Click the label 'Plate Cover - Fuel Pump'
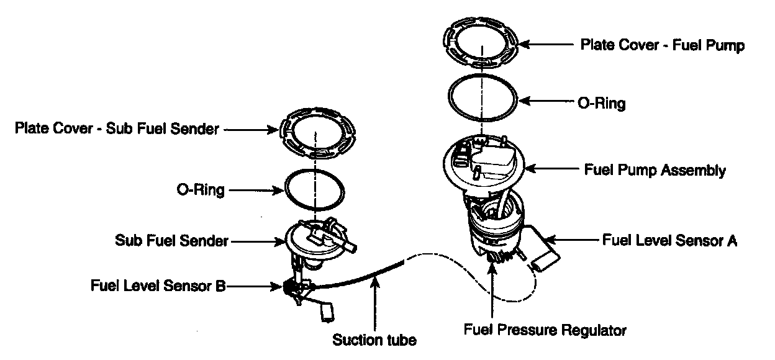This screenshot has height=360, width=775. click(x=662, y=45)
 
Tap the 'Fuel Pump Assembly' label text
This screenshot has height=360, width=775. click(x=655, y=169)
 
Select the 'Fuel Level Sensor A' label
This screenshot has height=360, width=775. click(x=669, y=240)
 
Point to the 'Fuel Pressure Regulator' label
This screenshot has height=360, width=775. click(x=545, y=329)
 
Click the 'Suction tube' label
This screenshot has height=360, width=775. click(x=374, y=340)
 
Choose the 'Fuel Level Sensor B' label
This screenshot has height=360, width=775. click(x=158, y=286)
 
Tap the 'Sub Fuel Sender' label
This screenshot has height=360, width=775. click(x=171, y=240)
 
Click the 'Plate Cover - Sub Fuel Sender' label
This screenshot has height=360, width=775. click(x=117, y=129)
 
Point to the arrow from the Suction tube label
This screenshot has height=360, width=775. click(x=375, y=304)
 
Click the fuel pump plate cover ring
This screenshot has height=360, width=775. click(x=482, y=39)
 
